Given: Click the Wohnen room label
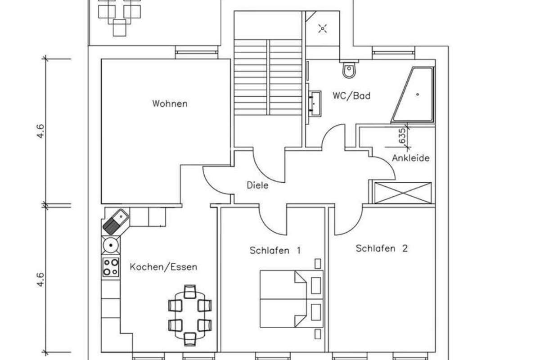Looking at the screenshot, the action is pyautogui.click(x=170, y=104).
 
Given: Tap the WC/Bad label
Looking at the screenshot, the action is pyautogui.click(x=351, y=96).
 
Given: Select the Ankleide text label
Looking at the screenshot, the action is pyautogui.click(x=410, y=158).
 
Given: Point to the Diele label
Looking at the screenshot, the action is pyautogui.click(x=257, y=185).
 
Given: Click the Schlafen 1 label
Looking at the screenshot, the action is pyautogui.click(x=275, y=251).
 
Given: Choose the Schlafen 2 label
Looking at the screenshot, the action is pyautogui.click(x=382, y=248).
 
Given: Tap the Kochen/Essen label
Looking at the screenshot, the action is pyautogui.click(x=163, y=267).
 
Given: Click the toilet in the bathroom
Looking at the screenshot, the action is pyautogui.click(x=348, y=69).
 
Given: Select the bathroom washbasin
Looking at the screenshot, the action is pyautogui.click(x=315, y=101).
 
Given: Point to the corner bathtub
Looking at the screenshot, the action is pyautogui.click(x=414, y=95).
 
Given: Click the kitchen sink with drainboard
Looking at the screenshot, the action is pyautogui.click(x=115, y=221).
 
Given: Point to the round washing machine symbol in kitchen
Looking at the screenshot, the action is pyautogui.click(x=110, y=245).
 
